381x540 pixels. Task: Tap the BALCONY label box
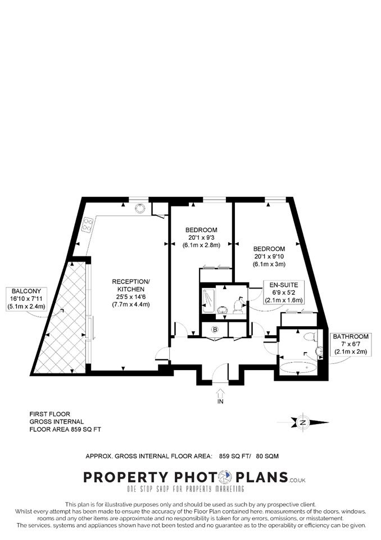pos(26,299)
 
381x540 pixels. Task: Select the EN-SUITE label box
pos(284,292)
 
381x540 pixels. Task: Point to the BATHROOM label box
pos(351,344)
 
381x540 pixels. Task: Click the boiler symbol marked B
pos(215,330)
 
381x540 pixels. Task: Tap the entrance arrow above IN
pos(220,393)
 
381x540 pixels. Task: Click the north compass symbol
pos(303,422)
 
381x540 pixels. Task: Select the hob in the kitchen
pos(88,224)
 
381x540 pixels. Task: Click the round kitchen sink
pos(140,208)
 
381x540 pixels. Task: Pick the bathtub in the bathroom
pos(298,368)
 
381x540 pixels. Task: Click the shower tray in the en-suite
pos(208,301)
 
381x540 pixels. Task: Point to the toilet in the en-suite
pos(238,307)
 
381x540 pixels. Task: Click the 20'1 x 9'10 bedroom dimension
pos(269,256)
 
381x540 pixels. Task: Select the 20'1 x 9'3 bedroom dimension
pos(201,237)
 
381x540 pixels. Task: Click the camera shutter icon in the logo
pos(227,477)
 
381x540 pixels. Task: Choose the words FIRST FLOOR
pos(50,414)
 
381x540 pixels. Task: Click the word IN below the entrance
pos(220,402)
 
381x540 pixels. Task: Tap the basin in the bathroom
pos(319,351)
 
